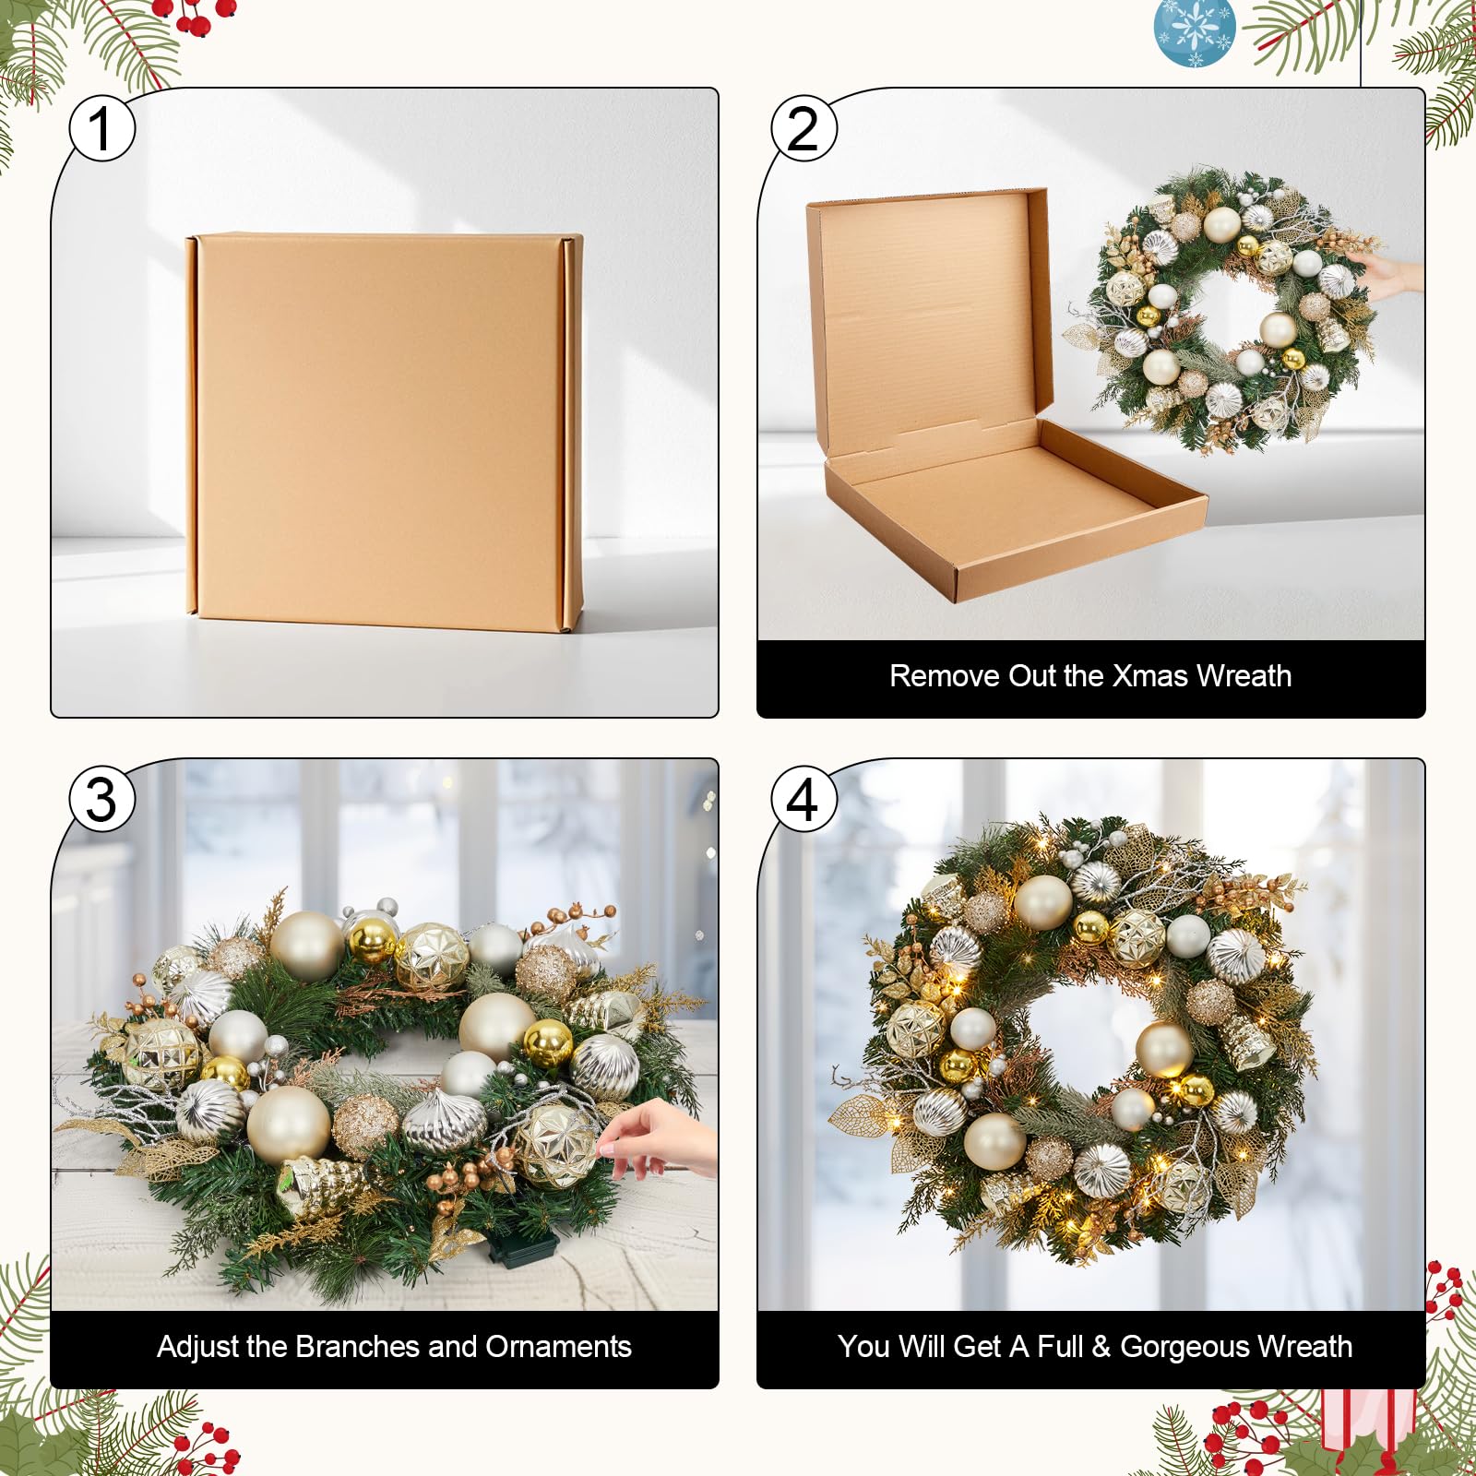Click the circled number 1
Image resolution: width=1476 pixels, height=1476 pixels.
click(x=102, y=128)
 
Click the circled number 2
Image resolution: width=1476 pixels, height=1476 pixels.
click(x=804, y=128)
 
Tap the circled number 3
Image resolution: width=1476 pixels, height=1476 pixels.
click(x=102, y=799)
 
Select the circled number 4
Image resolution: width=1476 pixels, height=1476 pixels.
click(x=804, y=799)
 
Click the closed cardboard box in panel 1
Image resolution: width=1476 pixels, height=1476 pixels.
click(x=384, y=433)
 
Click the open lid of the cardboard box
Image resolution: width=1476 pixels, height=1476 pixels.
click(x=930, y=318)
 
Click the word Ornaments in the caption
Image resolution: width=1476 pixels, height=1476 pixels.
click(x=559, y=1347)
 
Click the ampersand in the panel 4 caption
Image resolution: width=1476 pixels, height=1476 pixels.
click(x=1101, y=1347)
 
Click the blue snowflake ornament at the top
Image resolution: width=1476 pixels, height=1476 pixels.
click(x=1196, y=33)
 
